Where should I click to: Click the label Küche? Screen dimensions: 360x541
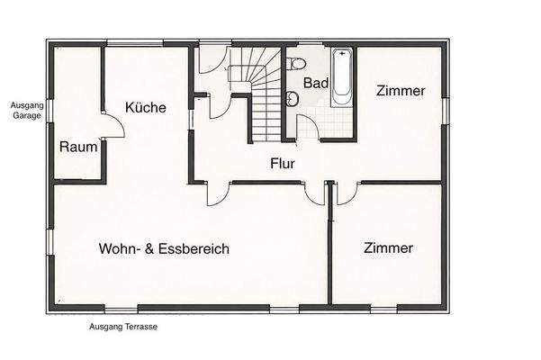pos(145,108)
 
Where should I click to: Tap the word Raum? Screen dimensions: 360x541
pos(78,147)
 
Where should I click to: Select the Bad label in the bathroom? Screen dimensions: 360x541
pos(315,83)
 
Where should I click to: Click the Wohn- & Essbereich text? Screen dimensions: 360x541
pos(164,248)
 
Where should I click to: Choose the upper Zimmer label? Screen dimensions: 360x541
pos(401,91)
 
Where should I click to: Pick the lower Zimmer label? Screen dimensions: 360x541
pos(389,247)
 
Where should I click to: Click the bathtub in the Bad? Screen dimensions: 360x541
pos(342,79)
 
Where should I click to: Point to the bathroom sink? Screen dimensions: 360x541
pos(292,100)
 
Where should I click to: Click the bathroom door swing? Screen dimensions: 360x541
pos(308,127)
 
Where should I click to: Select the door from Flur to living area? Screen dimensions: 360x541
pos(219,193)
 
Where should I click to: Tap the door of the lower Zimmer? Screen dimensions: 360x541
pos(347,193)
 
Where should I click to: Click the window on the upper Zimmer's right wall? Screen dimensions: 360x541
pos(445,108)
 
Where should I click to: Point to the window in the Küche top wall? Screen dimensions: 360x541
pos(135,42)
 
